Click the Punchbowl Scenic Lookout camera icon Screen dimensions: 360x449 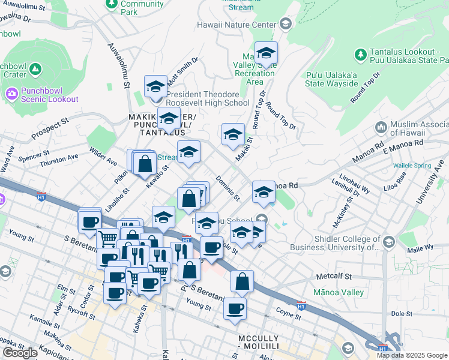pos(11,94)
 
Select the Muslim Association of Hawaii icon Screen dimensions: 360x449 pos(380,127)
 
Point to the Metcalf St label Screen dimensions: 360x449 pos(333,277)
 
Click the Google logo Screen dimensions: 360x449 pos(20,353)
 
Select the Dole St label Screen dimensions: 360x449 pos(400,313)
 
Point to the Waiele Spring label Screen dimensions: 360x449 pos(412,164)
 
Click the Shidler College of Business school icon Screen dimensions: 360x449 pos(388,242)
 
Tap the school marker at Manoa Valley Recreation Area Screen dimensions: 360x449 pos(266,54)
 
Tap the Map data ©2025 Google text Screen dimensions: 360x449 pos(412,355)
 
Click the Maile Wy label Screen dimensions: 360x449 pos(420,247)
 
